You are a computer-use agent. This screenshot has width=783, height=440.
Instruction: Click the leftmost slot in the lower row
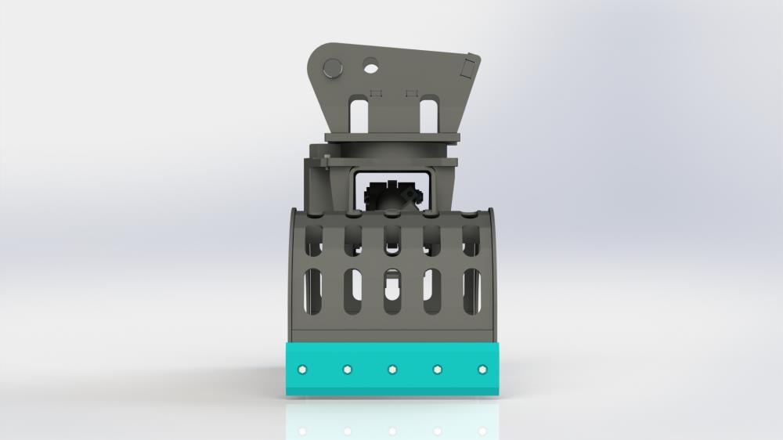pyautogui.click(x=313, y=290)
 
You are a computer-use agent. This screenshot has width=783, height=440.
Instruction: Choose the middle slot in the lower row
pyautogui.click(x=392, y=290)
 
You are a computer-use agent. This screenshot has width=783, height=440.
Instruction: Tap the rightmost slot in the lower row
pyautogui.click(x=471, y=290)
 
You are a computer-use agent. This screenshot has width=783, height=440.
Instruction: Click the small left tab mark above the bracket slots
pyautogui.click(x=374, y=93)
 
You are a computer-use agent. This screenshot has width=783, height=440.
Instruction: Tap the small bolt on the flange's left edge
pyautogui.click(x=324, y=164)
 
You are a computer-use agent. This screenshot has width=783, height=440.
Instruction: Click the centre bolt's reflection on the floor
pyautogui.click(x=391, y=430)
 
